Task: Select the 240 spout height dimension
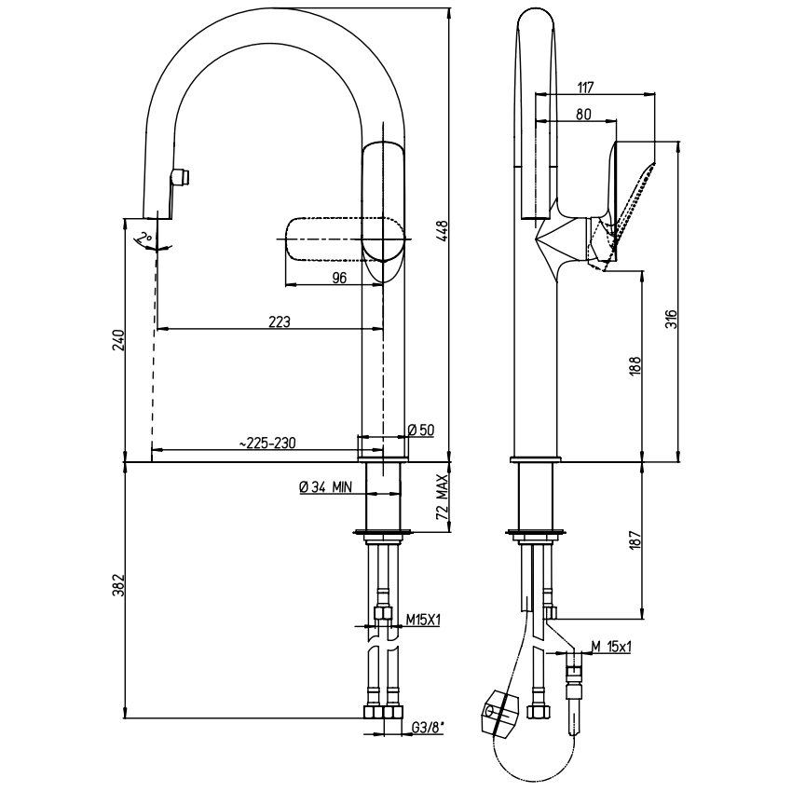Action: (x=117, y=340)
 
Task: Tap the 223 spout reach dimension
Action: (x=280, y=321)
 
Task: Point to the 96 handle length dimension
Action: (x=340, y=278)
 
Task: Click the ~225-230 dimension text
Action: (x=267, y=443)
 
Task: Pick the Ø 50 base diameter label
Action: (x=421, y=430)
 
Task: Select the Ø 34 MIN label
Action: (x=326, y=487)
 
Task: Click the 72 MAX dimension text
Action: (x=442, y=498)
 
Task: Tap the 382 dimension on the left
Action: (x=117, y=585)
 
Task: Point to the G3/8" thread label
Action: (x=428, y=728)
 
